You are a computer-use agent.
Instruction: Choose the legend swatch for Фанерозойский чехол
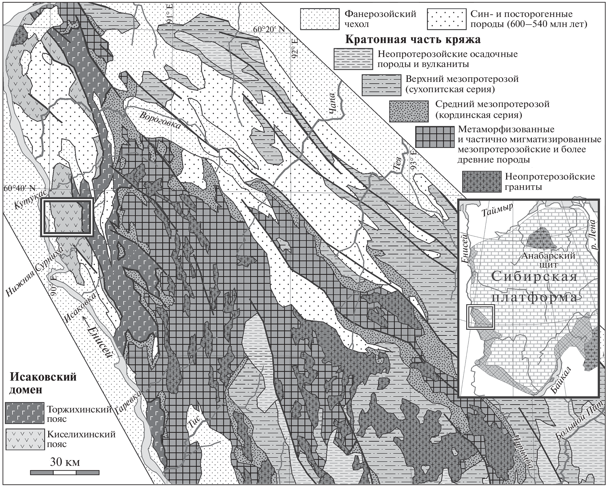319,19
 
